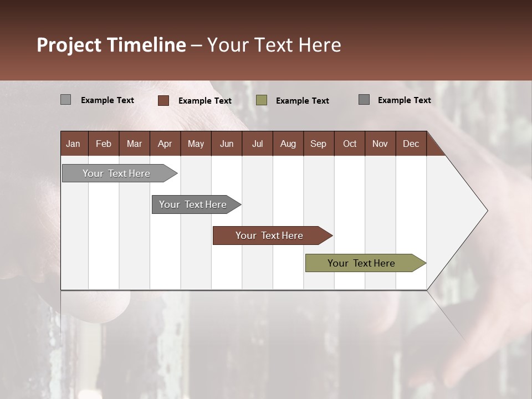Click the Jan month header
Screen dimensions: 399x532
coord(73,144)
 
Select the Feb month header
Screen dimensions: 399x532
coord(104,144)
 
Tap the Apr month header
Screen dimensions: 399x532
coord(165,144)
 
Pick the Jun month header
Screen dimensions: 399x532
coord(227,144)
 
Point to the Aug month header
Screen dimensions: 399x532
coord(288,144)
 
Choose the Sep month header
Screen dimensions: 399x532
coord(318,144)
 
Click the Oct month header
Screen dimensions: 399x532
coord(350,144)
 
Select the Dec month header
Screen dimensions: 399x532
coord(411,144)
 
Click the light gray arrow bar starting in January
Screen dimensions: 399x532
coord(117,173)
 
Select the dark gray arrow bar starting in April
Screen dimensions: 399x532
coord(193,204)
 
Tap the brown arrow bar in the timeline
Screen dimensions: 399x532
coord(270,236)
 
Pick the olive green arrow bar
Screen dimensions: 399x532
coord(362,263)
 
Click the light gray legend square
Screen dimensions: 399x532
coord(66,100)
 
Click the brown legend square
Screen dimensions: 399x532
coord(163,100)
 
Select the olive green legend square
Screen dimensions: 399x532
coord(262,100)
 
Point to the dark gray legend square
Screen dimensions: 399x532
coord(364,100)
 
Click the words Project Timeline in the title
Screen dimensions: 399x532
coord(111,45)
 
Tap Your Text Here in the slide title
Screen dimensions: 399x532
coord(274,45)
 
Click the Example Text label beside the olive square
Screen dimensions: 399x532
coord(303,100)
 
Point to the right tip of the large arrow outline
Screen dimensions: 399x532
coord(487,211)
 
